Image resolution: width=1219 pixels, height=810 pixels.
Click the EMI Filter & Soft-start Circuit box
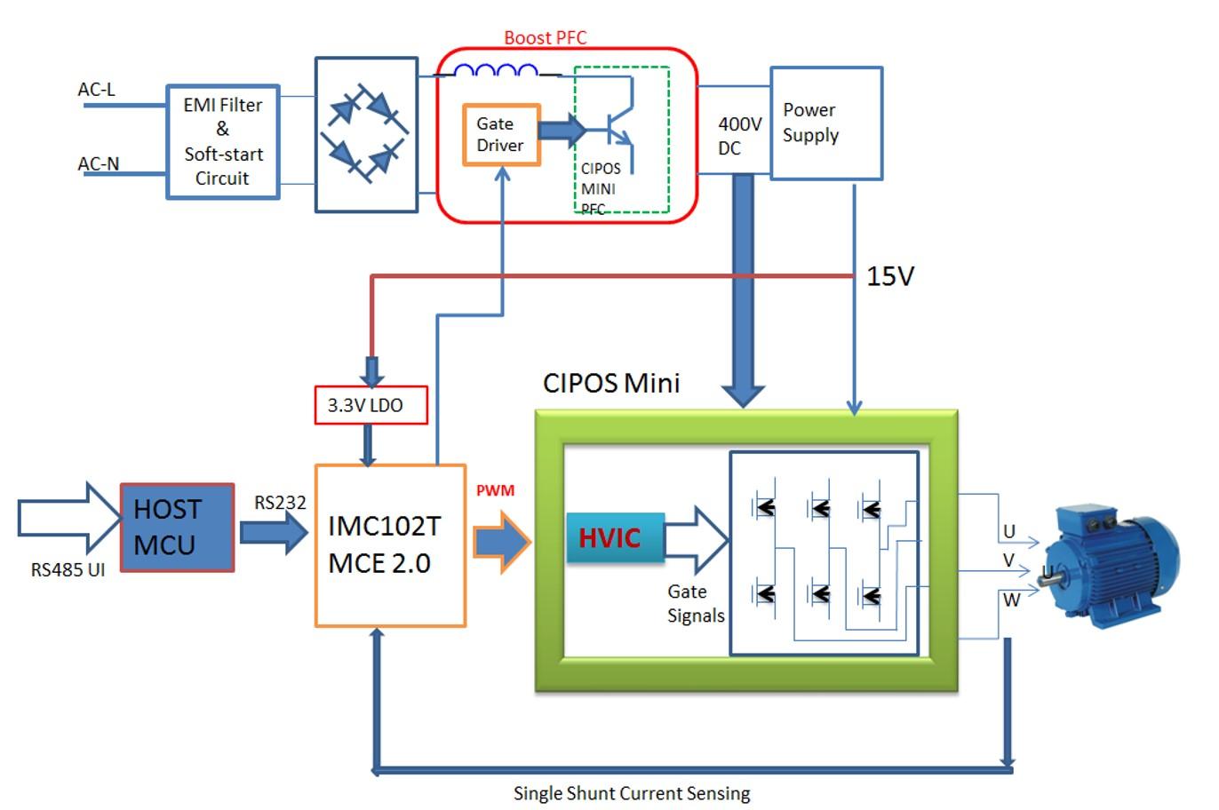(x=223, y=142)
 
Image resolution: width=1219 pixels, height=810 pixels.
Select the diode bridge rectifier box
(x=366, y=135)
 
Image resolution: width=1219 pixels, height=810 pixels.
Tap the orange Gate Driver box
(x=501, y=135)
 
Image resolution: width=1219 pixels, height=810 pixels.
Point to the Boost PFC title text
(x=546, y=37)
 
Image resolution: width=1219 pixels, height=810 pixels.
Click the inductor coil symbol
(x=496, y=71)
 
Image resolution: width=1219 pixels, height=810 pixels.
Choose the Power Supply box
(x=826, y=123)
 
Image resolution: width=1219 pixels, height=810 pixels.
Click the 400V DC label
(x=739, y=136)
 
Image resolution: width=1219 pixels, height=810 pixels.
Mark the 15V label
(x=890, y=276)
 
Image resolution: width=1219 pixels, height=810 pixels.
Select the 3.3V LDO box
(x=370, y=405)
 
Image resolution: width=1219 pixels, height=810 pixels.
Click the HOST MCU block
(x=178, y=528)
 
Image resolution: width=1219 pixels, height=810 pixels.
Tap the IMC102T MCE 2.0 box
(x=391, y=545)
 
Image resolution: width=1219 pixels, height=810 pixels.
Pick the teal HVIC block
(x=615, y=537)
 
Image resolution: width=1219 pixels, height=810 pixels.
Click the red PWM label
(x=495, y=490)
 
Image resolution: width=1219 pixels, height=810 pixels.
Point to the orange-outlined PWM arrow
(x=501, y=540)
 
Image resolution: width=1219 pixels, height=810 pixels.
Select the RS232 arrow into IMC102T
(x=274, y=533)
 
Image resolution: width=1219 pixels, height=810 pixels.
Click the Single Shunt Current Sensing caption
(x=632, y=793)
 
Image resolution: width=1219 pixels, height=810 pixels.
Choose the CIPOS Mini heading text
(x=611, y=383)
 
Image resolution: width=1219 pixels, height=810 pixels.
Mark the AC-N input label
(x=99, y=163)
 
